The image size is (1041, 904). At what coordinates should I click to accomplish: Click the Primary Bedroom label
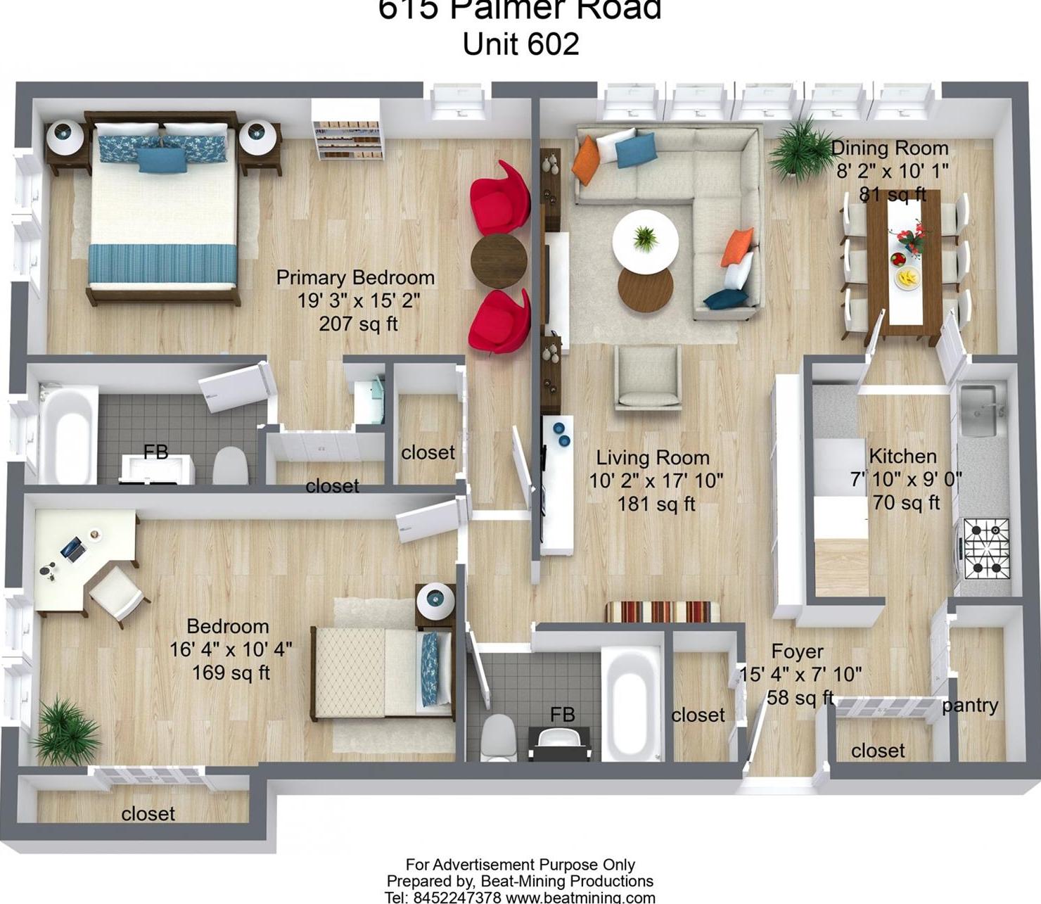click(x=355, y=277)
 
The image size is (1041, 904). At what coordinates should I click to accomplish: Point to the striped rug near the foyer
click(x=662, y=611)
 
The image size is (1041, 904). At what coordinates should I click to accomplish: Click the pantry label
click(x=970, y=705)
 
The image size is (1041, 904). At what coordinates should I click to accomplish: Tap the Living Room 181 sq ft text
click(x=656, y=504)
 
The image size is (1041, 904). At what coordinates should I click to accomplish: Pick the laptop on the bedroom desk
click(x=72, y=547)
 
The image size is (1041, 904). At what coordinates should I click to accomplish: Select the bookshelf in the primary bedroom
click(x=347, y=139)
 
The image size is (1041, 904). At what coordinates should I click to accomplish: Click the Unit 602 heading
click(x=520, y=44)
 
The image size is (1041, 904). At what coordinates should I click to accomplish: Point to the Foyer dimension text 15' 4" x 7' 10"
click(x=800, y=674)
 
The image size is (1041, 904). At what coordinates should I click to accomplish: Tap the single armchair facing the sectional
click(x=648, y=378)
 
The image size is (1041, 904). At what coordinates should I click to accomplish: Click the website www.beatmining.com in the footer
click(x=580, y=898)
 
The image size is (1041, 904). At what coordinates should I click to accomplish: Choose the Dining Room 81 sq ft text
click(x=892, y=194)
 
